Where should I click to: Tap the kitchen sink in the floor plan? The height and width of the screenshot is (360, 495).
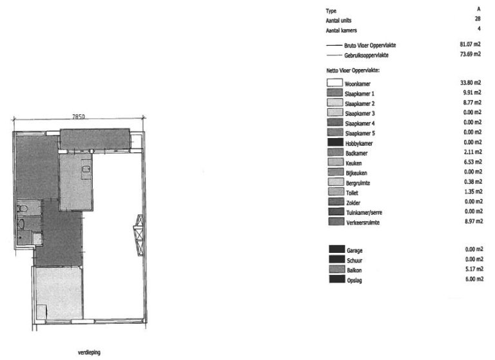[85, 170]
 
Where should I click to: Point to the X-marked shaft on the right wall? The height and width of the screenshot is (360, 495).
[138, 229]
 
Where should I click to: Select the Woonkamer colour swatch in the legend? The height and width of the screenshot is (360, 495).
[335, 83]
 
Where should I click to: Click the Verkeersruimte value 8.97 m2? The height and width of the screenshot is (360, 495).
[473, 222]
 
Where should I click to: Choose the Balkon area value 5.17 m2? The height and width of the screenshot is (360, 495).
[473, 269]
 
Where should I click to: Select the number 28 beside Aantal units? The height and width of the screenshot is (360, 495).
[478, 19]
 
